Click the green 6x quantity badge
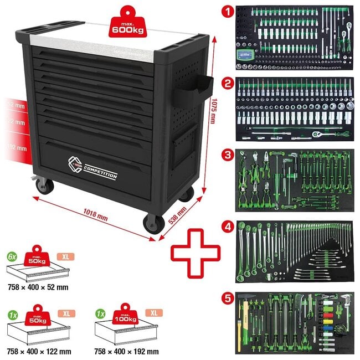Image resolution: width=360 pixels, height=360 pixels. click(x=12, y=256)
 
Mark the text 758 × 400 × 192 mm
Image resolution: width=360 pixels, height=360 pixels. click(x=127, y=351)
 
